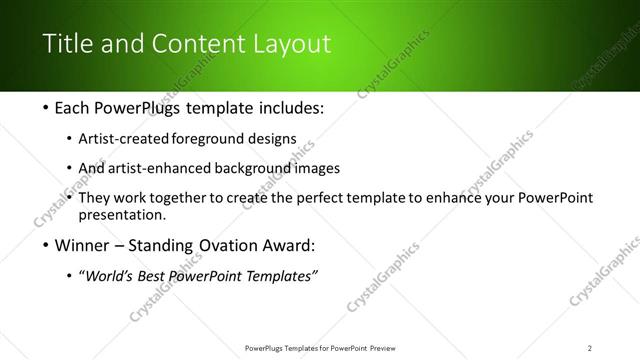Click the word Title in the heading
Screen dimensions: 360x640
(66, 44)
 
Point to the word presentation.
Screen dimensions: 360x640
(128, 215)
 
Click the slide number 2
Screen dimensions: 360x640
(589, 348)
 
